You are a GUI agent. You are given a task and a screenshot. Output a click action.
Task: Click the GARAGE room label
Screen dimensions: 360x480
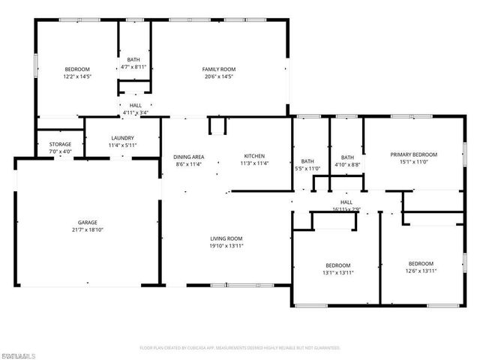87,223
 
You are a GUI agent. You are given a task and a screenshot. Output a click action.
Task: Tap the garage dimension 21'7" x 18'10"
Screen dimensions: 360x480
87,230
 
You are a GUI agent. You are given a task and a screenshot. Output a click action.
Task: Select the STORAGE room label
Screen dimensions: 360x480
61,144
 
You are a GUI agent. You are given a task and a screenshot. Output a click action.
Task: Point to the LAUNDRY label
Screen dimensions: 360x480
122,138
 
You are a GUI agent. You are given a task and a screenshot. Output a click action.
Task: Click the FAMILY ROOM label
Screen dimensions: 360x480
219,68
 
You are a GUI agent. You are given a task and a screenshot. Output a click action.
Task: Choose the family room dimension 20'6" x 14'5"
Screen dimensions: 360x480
219,76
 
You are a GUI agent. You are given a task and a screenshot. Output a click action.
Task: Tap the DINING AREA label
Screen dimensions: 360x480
190,156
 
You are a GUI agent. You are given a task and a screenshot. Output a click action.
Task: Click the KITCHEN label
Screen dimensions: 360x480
254,156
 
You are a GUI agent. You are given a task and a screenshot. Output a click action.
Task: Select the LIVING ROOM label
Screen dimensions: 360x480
226,238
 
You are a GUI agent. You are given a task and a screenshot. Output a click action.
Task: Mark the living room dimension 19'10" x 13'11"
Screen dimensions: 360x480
226,245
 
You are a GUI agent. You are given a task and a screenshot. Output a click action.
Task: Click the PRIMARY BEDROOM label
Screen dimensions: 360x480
413,154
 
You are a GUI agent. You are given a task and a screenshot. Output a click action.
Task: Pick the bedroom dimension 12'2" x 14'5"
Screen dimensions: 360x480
76,76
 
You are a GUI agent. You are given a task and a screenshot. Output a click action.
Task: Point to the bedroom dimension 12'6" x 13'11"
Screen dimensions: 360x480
421,271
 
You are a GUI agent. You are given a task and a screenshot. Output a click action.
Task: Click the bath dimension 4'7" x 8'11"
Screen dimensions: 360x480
133,67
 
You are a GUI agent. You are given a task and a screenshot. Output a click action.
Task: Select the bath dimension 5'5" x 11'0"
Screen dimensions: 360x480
307,169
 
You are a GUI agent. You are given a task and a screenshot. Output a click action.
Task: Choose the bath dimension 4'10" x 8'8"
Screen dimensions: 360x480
346,164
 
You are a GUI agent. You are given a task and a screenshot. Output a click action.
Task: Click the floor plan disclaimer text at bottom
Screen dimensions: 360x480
240,348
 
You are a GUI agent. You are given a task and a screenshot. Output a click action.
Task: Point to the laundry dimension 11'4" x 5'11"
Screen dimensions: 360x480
122,145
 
